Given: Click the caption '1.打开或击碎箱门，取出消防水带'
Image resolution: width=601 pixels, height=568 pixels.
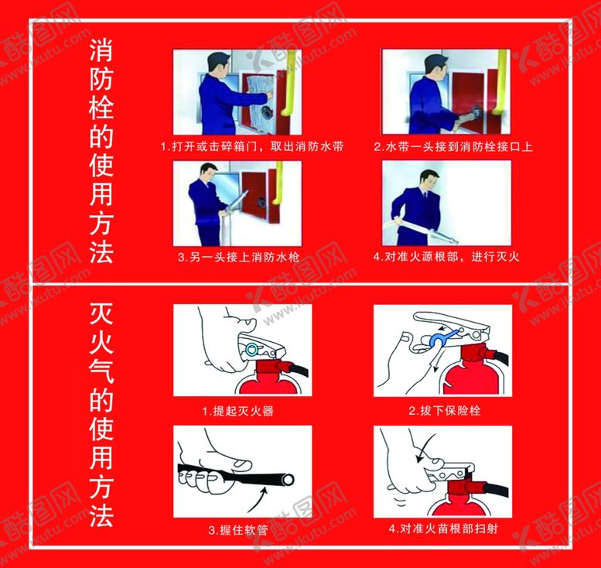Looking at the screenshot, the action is (x=252, y=146).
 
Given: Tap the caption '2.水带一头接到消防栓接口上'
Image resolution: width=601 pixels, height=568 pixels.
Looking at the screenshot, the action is (x=453, y=146).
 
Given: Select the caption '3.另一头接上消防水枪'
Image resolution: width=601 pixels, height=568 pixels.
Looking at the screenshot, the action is (x=238, y=257).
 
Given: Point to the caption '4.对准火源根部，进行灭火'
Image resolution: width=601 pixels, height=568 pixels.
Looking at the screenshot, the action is (x=446, y=257).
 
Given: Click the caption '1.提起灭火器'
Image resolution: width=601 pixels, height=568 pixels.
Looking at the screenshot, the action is (x=238, y=411).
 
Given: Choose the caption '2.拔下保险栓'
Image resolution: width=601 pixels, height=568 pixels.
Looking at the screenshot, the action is (x=444, y=411).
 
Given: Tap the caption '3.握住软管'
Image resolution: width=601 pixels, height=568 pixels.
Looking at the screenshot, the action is (x=238, y=530).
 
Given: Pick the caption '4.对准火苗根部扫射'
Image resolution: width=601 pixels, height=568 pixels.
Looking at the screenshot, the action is (x=443, y=529).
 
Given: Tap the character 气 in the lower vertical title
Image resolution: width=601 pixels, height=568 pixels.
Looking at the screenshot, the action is (x=101, y=371).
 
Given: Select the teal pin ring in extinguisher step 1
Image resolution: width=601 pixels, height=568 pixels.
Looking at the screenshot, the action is (x=251, y=349).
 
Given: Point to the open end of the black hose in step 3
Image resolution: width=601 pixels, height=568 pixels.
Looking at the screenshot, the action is (x=288, y=480).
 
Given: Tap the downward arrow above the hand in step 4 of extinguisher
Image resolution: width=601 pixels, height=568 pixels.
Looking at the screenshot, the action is (x=425, y=448).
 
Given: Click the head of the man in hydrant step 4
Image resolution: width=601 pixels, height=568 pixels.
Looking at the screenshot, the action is (x=429, y=180).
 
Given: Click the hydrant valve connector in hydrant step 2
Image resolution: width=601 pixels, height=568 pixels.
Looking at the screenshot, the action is (x=477, y=113).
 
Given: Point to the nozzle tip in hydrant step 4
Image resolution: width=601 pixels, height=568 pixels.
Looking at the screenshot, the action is (x=456, y=241).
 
